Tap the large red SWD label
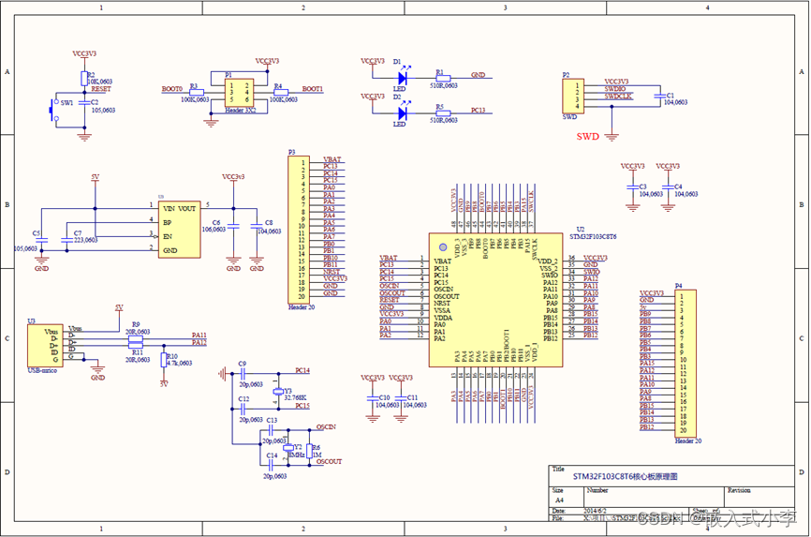point(587,136)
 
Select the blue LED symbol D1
point(401,78)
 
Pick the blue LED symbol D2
point(401,112)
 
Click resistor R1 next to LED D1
point(442,78)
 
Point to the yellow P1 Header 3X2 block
point(238,92)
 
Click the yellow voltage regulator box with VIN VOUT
point(179,230)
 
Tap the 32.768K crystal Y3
point(278,392)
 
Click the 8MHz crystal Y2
point(288,449)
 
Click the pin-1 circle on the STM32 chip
point(443,246)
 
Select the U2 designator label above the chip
point(581,229)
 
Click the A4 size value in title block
point(558,500)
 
